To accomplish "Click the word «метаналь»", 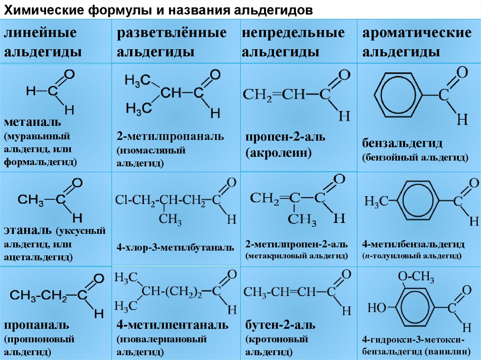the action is pyautogui.click(x=33, y=123).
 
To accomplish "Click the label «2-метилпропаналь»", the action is pyautogui.click(x=171, y=137).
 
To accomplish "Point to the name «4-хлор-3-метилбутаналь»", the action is pyautogui.click(x=175, y=247).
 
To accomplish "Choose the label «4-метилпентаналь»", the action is pyautogui.click(x=173, y=325).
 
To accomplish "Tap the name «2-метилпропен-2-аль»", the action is pyautogui.click(x=296, y=245).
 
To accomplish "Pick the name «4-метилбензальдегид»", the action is pyautogui.click(x=413, y=245).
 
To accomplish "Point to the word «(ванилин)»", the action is pyautogui.click(x=448, y=351).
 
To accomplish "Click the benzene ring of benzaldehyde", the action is pyautogui.click(x=401, y=93).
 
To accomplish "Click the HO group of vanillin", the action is pyautogui.click(x=377, y=308).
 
